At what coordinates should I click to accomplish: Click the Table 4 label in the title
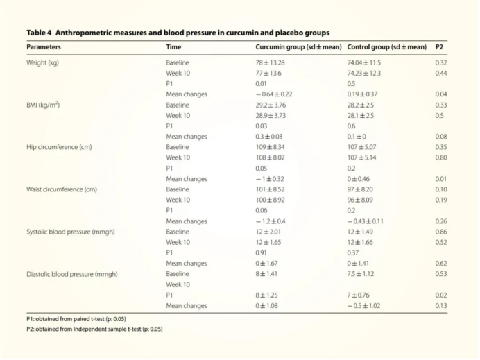click(39, 33)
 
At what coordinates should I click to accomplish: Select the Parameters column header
click(44, 47)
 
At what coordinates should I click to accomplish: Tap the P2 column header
click(439, 47)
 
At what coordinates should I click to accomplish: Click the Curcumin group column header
click(298, 47)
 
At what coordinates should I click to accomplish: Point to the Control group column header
click(386, 47)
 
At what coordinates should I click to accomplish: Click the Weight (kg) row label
click(42, 62)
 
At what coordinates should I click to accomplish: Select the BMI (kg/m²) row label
click(43, 105)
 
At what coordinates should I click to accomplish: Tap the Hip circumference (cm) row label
click(59, 147)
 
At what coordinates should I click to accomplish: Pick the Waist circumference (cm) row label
click(62, 189)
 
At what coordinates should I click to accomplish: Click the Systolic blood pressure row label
click(71, 232)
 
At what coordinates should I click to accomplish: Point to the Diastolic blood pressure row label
click(72, 274)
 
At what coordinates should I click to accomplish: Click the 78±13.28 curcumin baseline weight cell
click(270, 62)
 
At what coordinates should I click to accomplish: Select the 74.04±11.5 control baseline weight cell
click(364, 62)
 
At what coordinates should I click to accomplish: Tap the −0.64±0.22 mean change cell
click(274, 94)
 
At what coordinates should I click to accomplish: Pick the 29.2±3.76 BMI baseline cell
click(271, 105)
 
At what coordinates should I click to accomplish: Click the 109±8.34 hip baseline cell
click(270, 147)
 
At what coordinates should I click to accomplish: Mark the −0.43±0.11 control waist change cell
click(366, 221)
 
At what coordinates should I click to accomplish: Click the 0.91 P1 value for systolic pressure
click(261, 253)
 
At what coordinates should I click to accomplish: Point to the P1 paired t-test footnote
click(76, 319)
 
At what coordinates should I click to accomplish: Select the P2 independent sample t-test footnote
click(94, 329)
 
